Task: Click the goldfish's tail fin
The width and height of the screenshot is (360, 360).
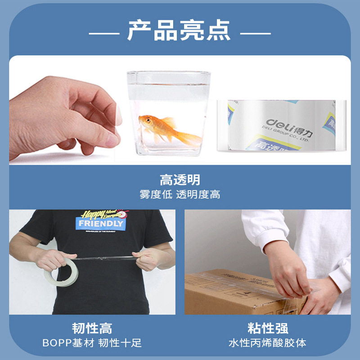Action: [188, 137]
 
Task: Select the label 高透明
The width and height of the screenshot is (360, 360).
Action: [180, 180]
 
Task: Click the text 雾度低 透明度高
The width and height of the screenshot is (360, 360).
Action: [180, 195]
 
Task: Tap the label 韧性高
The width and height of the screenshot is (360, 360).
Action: [92, 328]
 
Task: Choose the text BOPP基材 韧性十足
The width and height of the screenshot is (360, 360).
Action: [92, 343]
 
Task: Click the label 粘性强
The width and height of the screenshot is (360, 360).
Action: [268, 328]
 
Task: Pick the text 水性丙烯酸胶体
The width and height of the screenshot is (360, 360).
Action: [268, 343]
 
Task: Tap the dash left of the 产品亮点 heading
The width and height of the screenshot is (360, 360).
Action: [103, 33]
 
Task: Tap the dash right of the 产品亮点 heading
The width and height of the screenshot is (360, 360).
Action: [255, 33]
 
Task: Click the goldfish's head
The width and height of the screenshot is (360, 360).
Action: [145, 121]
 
